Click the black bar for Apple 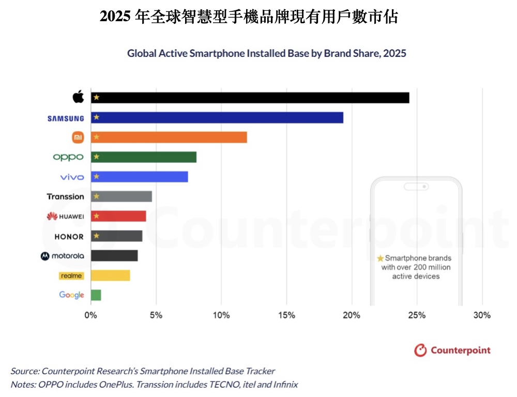(x=250, y=98)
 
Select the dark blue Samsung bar (x=217, y=118)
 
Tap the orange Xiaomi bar (x=169, y=138)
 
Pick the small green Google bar (x=96, y=295)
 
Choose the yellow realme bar (x=110, y=276)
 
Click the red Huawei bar (x=118, y=216)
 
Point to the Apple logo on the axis (x=78, y=97)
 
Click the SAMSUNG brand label (x=66, y=118)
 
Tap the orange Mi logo (x=78, y=138)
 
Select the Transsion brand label (x=65, y=196)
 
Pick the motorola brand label (x=63, y=256)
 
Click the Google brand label (x=71, y=295)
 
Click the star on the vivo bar (x=96, y=177)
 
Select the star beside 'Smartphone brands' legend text (x=381, y=258)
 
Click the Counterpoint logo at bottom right (x=452, y=350)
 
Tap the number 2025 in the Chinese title (x=115, y=17)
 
